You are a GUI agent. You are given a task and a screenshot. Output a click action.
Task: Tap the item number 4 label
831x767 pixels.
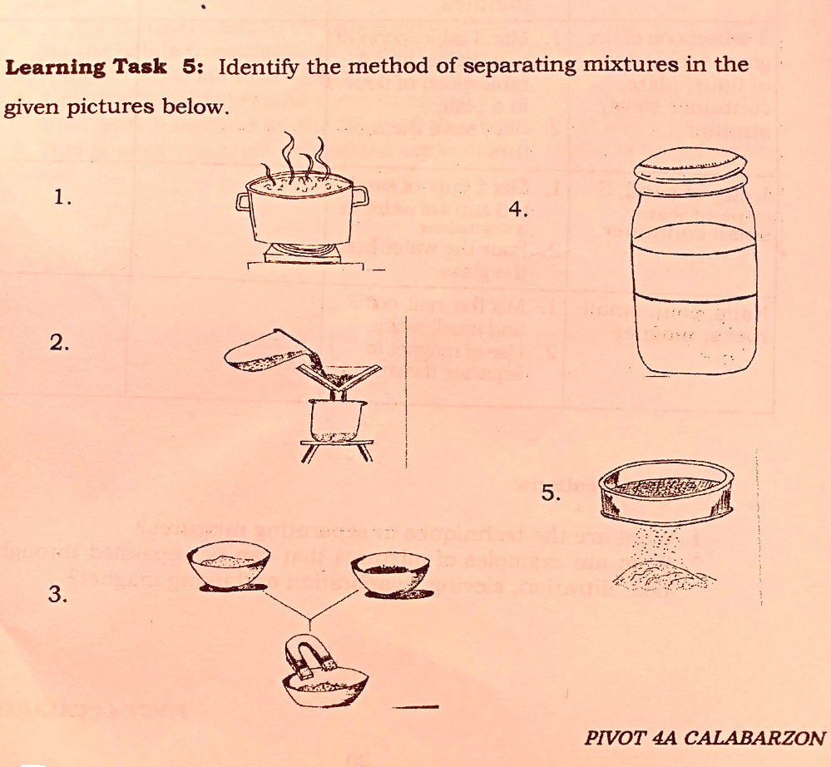[x=517, y=210]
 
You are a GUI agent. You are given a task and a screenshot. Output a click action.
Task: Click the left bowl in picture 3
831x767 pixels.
[x=230, y=566]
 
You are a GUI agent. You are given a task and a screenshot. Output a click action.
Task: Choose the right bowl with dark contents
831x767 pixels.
[x=391, y=572]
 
